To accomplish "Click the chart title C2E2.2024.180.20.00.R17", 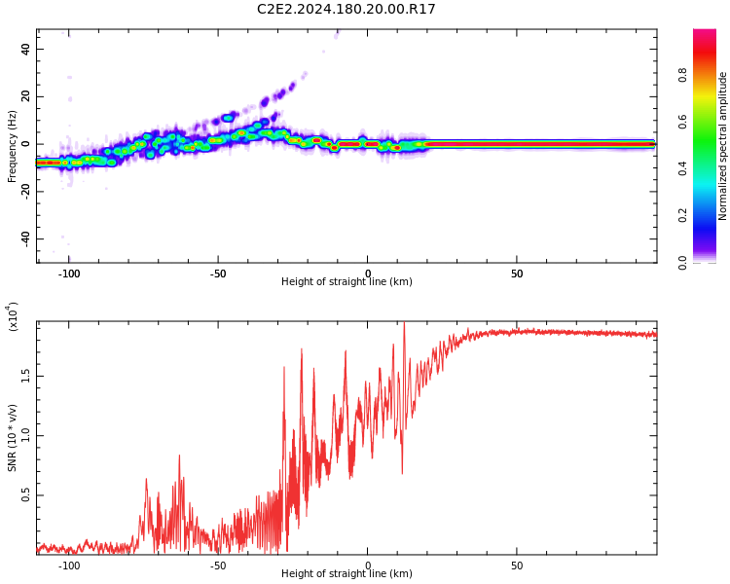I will coord(347,10).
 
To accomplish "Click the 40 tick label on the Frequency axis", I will coord(26,50).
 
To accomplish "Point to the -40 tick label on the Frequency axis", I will coord(23,238).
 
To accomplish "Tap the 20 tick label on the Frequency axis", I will coord(26,97).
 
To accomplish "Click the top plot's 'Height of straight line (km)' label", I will coord(347,282).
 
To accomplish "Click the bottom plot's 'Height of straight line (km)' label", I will coord(347,574).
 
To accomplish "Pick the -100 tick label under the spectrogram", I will coord(68,274).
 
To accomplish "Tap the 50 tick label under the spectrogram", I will coord(517,274).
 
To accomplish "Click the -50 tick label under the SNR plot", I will coord(217,566).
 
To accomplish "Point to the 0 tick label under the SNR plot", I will coord(368,566).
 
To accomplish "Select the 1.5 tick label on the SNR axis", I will coord(25,376).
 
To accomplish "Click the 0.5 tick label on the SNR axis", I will coord(25,495).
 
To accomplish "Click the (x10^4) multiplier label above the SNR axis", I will coord(13,316).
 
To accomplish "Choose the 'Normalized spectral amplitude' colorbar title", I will coord(723,146).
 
